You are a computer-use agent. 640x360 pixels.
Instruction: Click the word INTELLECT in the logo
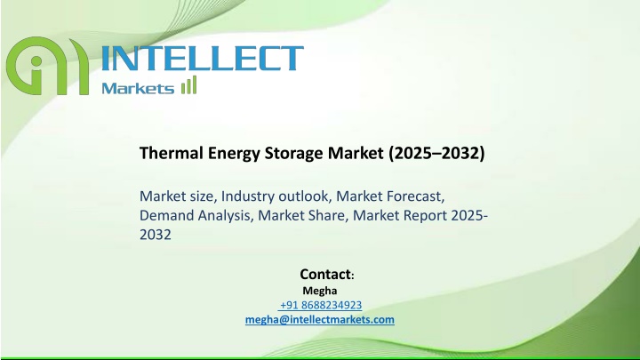[x=202, y=59]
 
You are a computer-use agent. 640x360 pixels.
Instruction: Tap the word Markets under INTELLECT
[x=138, y=88]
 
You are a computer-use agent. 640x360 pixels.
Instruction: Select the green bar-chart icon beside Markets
[x=189, y=85]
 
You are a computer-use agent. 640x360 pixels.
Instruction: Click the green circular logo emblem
[x=47, y=66]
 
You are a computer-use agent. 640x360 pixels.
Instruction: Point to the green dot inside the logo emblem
[x=36, y=61]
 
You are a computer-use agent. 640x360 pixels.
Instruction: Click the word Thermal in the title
[x=172, y=153]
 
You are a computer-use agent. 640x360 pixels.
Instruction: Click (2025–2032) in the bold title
[x=436, y=154]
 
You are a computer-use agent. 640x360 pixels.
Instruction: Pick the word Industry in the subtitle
[x=248, y=196]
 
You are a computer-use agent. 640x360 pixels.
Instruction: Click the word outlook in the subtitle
[x=303, y=196]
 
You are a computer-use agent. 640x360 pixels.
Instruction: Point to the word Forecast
[x=414, y=196]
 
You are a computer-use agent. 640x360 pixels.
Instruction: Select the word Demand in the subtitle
[x=166, y=215]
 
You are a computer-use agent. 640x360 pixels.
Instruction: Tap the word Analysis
[x=223, y=216]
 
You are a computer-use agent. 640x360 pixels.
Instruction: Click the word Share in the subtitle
[x=327, y=215]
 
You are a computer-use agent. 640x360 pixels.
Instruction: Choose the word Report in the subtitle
[x=425, y=216]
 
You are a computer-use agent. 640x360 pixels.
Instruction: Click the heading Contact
[x=325, y=274]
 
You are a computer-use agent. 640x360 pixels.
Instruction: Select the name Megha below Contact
[x=320, y=291]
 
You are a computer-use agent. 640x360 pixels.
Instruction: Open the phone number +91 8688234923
[x=321, y=305]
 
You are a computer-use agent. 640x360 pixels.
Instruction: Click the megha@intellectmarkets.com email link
[x=320, y=320]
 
